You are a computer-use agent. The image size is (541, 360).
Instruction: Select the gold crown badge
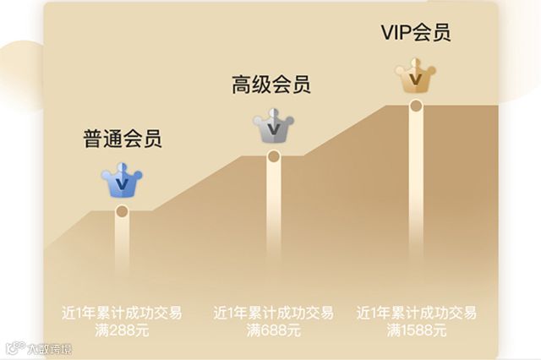coord(415,77)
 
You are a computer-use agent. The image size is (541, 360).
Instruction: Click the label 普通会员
coord(122,139)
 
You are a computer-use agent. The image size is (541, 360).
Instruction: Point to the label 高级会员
coord(271,85)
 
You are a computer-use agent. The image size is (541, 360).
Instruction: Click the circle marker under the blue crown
coord(122,211)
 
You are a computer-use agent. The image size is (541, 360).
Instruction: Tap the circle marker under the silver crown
coord(273,156)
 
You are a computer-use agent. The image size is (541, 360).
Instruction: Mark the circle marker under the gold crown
coord(416,106)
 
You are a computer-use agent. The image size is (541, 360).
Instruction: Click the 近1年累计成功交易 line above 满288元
coord(122,313)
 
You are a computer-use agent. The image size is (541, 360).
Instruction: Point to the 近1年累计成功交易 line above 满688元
coord(273,313)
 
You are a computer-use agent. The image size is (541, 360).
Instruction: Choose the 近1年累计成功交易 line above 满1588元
coord(416,313)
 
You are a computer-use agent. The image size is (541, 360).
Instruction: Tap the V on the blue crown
coord(122,181)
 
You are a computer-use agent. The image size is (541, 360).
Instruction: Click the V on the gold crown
coord(415,79)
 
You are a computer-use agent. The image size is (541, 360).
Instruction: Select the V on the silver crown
coord(272,131)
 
